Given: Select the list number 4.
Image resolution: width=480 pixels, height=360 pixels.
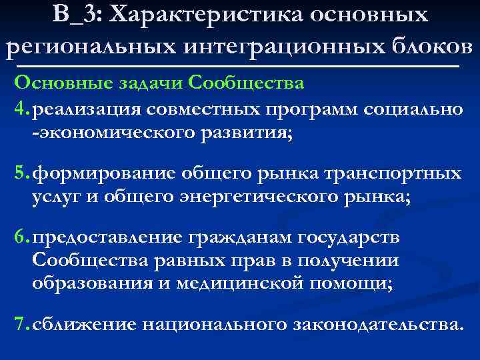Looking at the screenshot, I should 19,108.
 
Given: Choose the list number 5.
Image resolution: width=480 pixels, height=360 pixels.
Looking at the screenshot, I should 19,175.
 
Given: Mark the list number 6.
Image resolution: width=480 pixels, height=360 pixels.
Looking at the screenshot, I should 19,239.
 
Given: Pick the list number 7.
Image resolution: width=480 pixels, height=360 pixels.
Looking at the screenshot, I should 19,325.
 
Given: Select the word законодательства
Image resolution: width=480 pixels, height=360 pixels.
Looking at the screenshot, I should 377,325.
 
